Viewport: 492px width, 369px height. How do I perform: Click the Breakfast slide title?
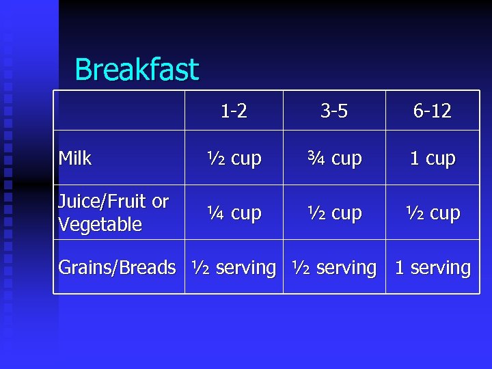pos(137,70)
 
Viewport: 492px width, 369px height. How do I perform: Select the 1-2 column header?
pos(234,111)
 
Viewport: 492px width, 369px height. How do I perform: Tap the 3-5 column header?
pos(334,111)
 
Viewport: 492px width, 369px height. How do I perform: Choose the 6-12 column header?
pos(432,111)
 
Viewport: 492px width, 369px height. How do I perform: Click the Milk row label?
pos(75,159)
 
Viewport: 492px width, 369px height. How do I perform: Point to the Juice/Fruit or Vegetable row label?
pos(113,213)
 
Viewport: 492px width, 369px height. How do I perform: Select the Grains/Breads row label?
pos(117,268)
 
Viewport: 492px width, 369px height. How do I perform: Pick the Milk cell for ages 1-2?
pos(234,159)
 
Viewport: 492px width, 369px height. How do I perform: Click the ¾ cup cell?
pos(334,159)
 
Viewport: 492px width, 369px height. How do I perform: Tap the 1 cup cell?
pos(432,159)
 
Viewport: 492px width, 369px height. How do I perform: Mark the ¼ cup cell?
pos(234,213)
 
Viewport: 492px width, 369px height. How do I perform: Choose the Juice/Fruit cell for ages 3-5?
pos(334,213)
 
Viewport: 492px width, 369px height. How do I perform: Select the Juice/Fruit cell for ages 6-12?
pos(432,213)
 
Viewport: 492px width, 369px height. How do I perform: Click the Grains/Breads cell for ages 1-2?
pos(234,268)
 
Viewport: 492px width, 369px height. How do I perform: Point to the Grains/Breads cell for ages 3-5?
pos(334,268)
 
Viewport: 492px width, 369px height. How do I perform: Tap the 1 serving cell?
pos(432,268)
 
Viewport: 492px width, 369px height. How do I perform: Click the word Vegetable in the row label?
pos(100,224)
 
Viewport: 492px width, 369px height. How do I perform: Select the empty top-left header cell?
pos(120,111)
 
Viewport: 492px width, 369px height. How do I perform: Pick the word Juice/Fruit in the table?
pos(102,202)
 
